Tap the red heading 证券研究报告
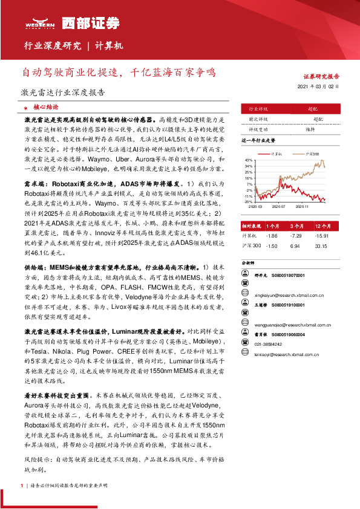321,77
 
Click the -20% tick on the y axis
249,202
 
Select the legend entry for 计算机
277,155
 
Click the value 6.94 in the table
296,246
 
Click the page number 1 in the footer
22,485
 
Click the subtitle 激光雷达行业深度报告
59,93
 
